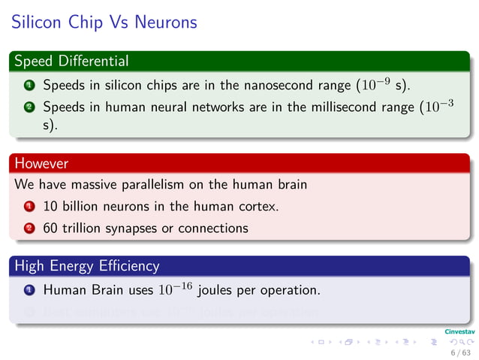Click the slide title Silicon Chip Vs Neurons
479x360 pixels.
click(x=104, y=23)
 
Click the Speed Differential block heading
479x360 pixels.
click(x=71, y=61)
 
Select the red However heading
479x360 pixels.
click(x=41, y=163)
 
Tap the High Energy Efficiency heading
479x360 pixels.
click(x=86, y=265)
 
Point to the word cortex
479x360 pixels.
click(x=258, y=206)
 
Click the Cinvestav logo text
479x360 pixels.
click(x=458, y=331)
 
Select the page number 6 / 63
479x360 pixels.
click(x=460, y=352)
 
